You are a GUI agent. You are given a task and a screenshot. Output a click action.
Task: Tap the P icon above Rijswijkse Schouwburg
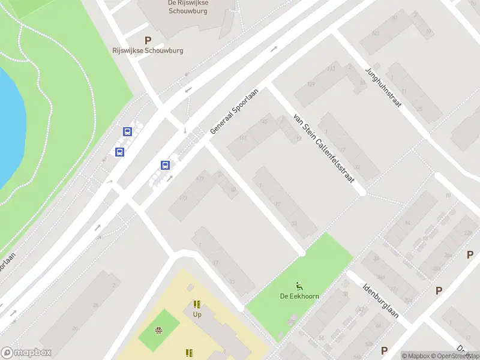[x=148, y=40]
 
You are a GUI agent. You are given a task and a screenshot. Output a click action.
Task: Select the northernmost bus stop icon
[x=127, y=131]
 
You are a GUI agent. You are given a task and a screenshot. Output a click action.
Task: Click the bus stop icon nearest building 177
[x=165, y=165]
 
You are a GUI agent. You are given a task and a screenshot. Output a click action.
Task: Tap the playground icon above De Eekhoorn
[x=299, y=285]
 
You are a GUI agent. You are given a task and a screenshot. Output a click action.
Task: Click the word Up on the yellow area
[x=197, y=314]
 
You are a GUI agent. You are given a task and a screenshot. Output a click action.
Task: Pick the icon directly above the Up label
[x=197, y=304]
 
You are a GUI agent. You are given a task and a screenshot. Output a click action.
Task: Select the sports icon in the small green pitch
[x=159, y=330]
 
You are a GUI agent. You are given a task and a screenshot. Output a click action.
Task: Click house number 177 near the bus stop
[x=199, y=178]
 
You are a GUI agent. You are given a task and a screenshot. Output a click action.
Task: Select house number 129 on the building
[x=310, y=85]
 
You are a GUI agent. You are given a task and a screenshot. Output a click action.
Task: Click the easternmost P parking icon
[x=470, y=255]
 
